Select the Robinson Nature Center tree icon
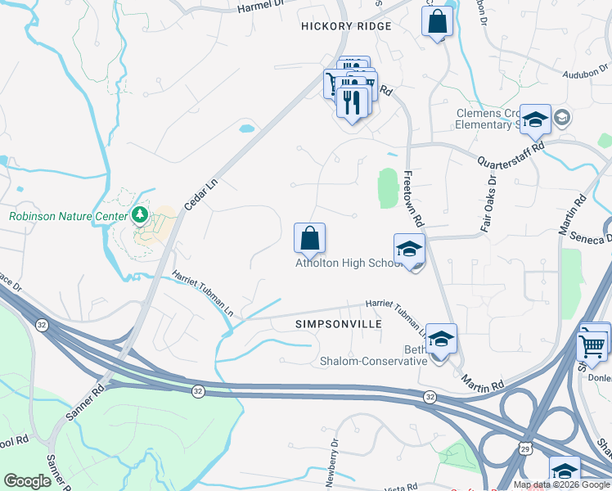pyautogui.click(x=140, y=215)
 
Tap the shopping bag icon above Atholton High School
pyautogui.click(x=309, y=238)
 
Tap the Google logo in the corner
pyautogui.click(x=28, y=481)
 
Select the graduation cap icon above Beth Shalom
pyautogui.click(x=441, y=340)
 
